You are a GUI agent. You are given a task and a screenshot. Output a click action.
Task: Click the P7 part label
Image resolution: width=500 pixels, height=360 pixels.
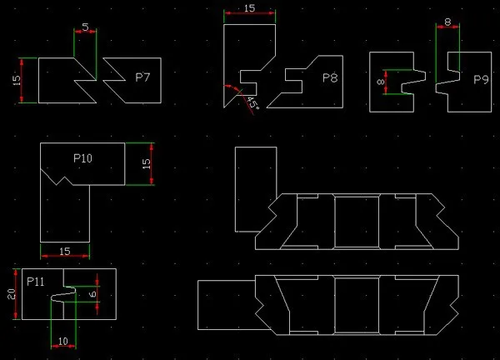pyautogui.click(x=142, y=77)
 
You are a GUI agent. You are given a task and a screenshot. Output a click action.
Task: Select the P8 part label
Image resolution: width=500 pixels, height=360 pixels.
pyautogui.click(x=330, y=77)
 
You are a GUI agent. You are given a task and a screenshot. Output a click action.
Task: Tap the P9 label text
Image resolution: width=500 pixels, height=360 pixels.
pyautogui.click(x=481, y=79)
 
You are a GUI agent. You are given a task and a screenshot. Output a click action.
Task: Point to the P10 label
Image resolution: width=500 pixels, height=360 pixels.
pyautogui.click(x=82, y=158)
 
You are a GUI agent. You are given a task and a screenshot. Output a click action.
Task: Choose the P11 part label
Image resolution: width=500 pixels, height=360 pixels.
pyautogui.click(x=36, y=282)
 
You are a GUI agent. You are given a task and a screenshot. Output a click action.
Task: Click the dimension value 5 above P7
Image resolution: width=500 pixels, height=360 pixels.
pyautogui.click(x=85, y=27)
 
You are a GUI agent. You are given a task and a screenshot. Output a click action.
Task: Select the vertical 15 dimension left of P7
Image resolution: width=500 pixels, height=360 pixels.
pyautogui.click(x=17, y=80)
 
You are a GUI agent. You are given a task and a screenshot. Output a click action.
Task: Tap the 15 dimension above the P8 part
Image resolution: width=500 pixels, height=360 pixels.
pyautogui.click(x=250, y=8)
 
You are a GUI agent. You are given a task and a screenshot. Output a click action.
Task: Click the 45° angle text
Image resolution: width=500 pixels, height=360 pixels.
pyautogui.click(x=253, y=102)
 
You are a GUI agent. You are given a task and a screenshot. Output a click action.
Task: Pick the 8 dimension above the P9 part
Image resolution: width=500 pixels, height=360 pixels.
pyautogui.click(x=448, y=22)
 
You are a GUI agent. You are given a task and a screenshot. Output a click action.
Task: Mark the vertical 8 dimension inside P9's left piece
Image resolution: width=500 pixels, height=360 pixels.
pyautogui.click(x=381, y=82)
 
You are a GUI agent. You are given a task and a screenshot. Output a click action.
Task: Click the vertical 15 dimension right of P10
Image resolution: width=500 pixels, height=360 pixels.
pyautogui.click(x=146, y=163)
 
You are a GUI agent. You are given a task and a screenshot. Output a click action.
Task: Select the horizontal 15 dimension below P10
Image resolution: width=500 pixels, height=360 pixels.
pyautogui.click(x=65, y=252)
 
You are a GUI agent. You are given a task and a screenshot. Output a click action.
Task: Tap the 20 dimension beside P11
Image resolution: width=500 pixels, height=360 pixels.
pyautogui.click(x=11, y=294)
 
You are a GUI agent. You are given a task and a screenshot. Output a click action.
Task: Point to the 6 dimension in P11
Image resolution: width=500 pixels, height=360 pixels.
pyautogui.click(x=93, y=293)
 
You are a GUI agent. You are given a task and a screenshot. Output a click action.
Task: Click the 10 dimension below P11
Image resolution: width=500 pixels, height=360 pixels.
pyautogui.click(x=63, y=341)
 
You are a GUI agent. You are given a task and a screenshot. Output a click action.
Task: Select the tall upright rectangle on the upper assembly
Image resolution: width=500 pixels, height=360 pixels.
pyautogui.click(x=256, y=189)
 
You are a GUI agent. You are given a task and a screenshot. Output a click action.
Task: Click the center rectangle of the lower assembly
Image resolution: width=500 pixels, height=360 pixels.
pyautogui.click(x=357, y=305)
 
